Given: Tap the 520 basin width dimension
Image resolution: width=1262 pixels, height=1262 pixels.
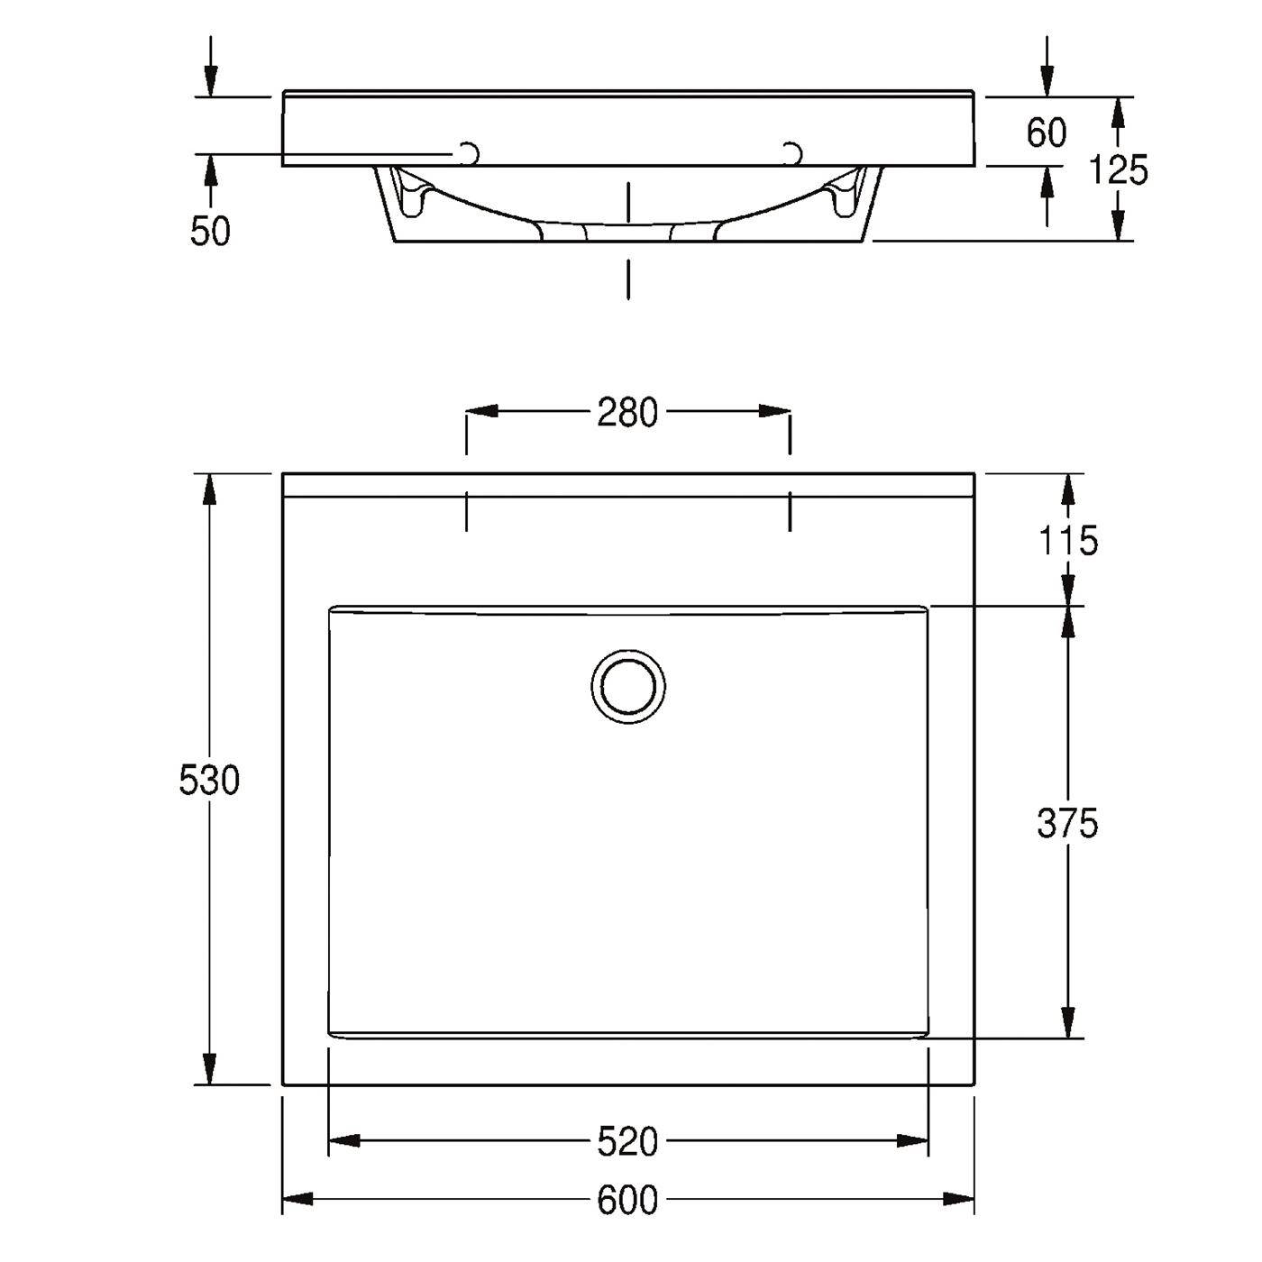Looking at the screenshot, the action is click(x=627, y=1142).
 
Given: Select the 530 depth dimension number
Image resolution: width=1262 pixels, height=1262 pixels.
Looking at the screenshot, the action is click(x=209, y=780).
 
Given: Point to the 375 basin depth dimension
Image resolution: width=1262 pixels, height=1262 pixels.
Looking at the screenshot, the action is click(x=1066, y=823).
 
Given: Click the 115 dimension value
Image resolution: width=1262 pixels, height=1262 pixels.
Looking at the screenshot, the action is click(x=1068, y=541).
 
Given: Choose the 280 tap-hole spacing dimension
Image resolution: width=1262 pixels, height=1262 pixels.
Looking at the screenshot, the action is click(x=627, y=413).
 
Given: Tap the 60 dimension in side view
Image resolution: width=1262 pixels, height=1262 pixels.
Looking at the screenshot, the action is click(x=1047, y=133).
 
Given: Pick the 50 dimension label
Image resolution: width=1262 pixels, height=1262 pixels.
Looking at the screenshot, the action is click(x=210, y=231).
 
